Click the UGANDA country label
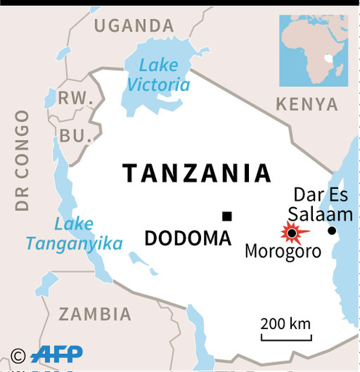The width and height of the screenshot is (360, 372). coord(134,26)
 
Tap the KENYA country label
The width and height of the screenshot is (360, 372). coord(307,104)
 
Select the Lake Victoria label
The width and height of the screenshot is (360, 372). coord(158,75)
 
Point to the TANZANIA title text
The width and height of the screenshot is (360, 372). coord(197,173)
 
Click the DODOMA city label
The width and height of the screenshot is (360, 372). coord(188,238)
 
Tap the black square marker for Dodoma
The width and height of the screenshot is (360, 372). coord(227,216)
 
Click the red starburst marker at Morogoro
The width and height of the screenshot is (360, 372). coord(292,232)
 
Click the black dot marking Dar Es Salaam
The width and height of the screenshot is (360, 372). coord(332,230)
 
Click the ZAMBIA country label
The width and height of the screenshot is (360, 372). coord(95,314)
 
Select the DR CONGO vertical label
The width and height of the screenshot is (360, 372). coord(22,161)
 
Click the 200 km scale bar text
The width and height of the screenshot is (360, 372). coord(286,323)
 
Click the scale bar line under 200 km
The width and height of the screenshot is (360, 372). coord(286,338)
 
